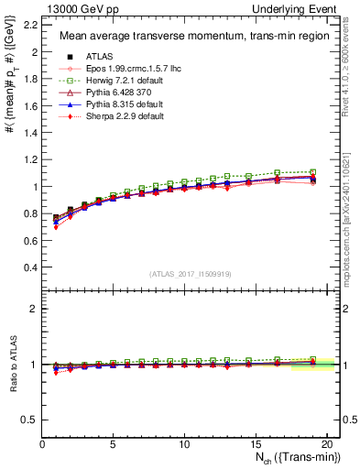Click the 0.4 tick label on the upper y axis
(30, 267)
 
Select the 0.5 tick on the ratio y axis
(30, 420)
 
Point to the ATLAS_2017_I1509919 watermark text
(191, 273)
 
